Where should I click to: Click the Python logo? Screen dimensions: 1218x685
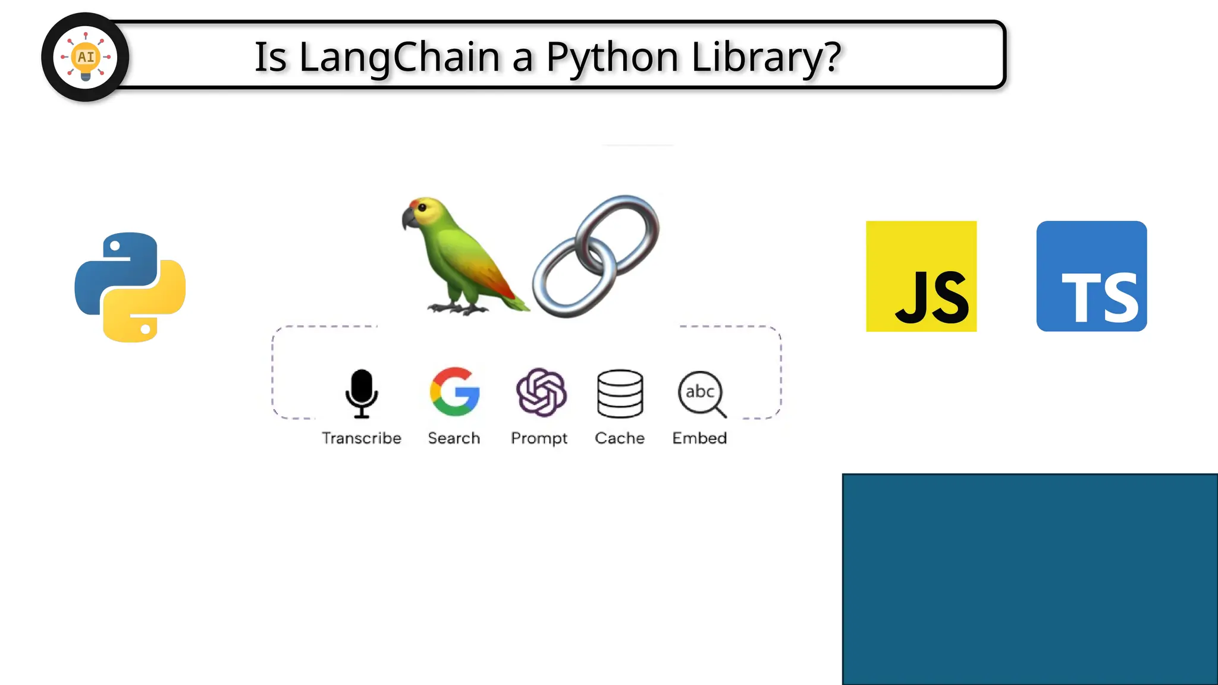[130, 287]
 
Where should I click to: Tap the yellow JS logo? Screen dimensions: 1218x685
[921, 276]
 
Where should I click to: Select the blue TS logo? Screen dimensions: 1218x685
[1091, 276]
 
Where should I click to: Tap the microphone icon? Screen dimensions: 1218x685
[362, 393]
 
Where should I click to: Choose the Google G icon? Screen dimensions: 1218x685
[455, 391]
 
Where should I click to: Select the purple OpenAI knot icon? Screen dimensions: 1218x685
[541, 392]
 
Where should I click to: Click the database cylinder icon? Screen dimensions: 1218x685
[620, 393]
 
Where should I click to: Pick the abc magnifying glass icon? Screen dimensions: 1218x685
[702, 393]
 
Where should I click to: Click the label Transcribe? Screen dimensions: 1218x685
[362, 438]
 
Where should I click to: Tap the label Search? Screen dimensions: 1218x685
[454, 438]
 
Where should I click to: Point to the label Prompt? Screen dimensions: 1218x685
[539, 438]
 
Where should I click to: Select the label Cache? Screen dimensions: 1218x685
[620, 438]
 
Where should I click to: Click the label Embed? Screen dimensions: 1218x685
[699, 438]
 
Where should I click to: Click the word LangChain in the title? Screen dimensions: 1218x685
[399, 57]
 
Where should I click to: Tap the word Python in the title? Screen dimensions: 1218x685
[612, 57]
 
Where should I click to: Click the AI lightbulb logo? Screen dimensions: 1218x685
[86, 57]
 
